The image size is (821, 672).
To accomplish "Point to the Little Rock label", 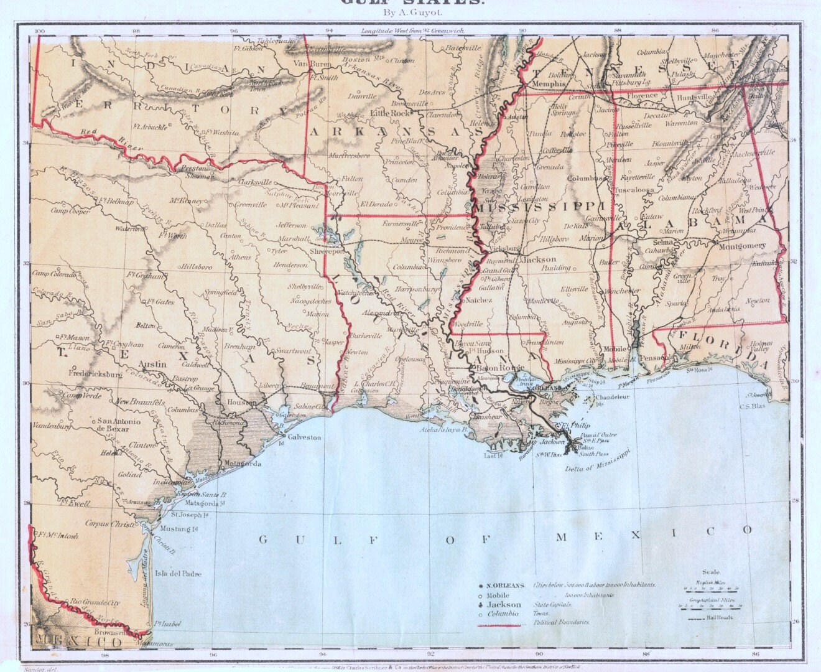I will pos(391,114).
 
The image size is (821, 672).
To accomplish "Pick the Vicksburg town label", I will pos(504,248).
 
